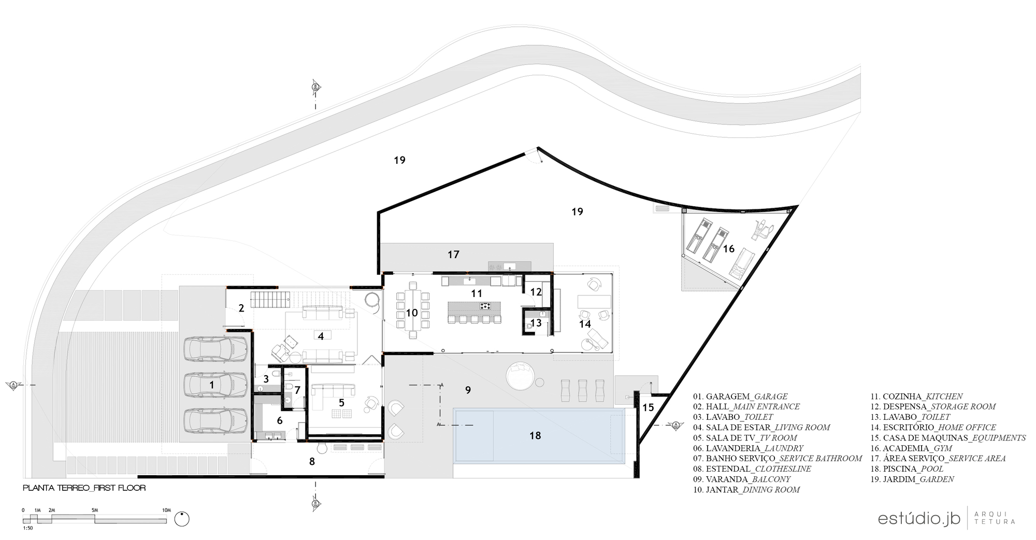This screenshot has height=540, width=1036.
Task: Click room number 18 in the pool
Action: [x=535, y=436]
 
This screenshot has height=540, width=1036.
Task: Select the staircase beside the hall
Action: [x=271, y=300]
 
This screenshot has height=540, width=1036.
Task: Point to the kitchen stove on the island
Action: [x=486, y=306]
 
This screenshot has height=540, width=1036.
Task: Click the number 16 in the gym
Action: [x=728, y=249]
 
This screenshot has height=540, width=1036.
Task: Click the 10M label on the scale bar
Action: [x=166, y=510]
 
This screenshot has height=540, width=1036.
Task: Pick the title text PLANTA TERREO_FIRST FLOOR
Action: [x=84, y=488]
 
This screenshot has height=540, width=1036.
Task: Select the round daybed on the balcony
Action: [x=520, y=375]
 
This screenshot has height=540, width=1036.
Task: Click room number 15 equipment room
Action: [x=648, y=408]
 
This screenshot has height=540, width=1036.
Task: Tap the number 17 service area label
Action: [x=453, y=254]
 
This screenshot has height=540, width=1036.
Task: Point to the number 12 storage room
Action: [x=536, y=292]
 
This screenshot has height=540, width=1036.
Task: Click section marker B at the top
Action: [x=314, y=87]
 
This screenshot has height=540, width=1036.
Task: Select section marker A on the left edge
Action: [x=13, y=385]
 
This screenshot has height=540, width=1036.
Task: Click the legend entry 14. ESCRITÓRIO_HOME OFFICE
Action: [x=932, y=428]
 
